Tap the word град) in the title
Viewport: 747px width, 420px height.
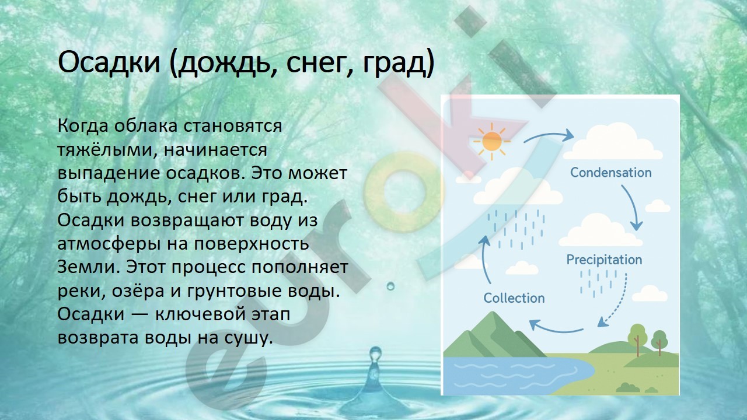pyautogui.click(x=399, y=64)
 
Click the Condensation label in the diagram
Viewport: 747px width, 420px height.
pyautogui.click(x=610, y=172)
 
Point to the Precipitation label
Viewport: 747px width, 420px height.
pyautogui.click(x=604, y=260)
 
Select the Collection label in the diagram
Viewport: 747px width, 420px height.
pyautogui.click(x=514, y=297)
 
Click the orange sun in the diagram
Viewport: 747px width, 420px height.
pyautogui.click(x=492, y=141)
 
